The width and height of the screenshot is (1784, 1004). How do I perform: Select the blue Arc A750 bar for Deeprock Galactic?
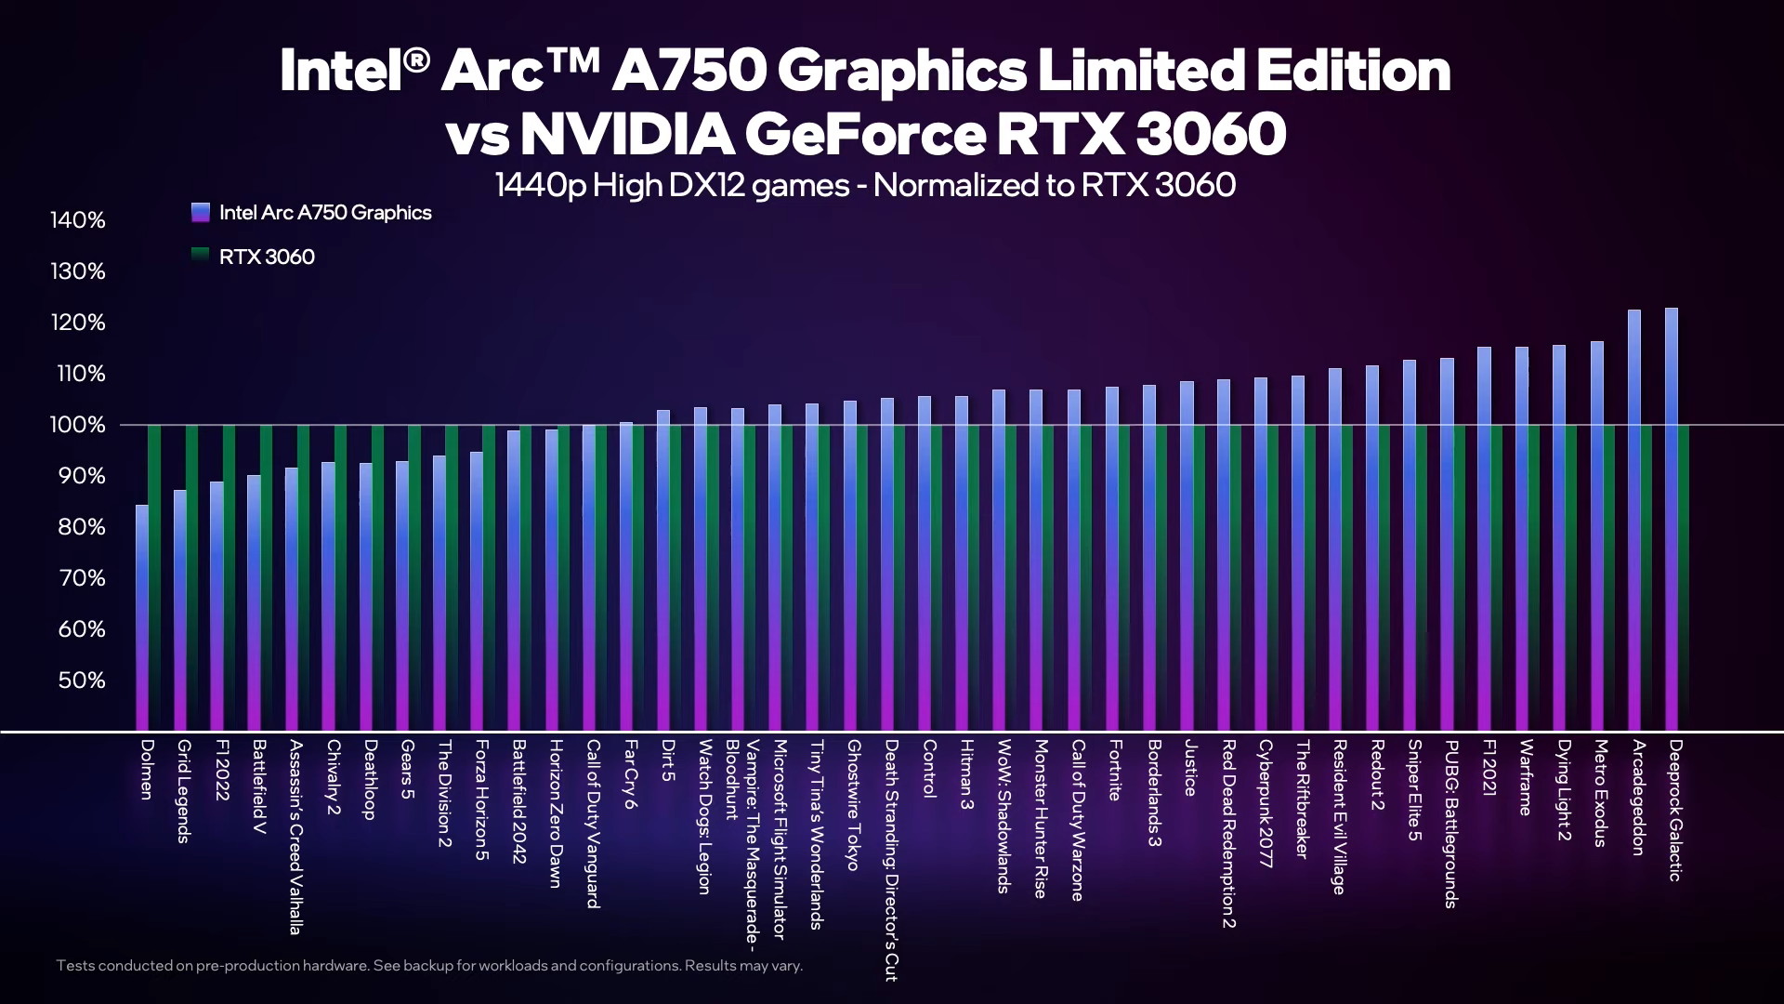pyautogui.click(x=1671, y=521)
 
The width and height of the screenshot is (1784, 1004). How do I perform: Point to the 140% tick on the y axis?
pyautogui.click(x=78, y=220)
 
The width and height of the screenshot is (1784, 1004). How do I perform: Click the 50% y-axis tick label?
pyautogui.click(x=82, y=680)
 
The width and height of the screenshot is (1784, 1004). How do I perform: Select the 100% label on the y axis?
pyautogui.click(x=78, y=425)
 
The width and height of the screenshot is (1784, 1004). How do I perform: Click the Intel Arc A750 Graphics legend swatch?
pyautogui.click(x=201, y=213)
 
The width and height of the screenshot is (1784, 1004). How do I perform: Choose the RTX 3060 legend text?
pyautogui.click(x=267, y=257)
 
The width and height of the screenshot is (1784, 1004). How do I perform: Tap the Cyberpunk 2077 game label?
pyautogui.click(x=1264, y=804)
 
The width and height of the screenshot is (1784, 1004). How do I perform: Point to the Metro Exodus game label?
pyautogui.click(x=1599, y=793)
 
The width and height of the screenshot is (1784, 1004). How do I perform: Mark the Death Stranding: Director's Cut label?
pyautogui.click(x=890, y=860)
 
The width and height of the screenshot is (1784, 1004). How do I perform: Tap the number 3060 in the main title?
pyautogui.click(x=1210, y=136)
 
